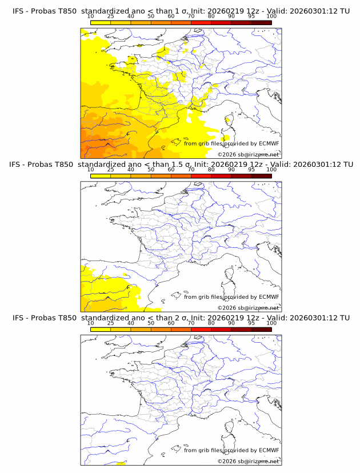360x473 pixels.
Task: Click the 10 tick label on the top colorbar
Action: click(x=91, y=16)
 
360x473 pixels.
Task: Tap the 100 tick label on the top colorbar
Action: click(x=271, y=16)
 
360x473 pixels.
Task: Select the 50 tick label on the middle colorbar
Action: click(x=151, y=170)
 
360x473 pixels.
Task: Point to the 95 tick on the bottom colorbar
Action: click(x=251, y=323)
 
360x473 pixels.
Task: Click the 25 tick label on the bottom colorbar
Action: click(x=111, y=323)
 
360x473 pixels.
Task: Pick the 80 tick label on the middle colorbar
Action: click(x=211, y=170)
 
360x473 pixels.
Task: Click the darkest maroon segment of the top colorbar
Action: click(x=261, y=22)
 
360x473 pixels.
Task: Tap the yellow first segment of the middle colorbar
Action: click(x=101, y=176)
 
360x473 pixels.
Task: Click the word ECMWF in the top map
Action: click(x=269, y=143)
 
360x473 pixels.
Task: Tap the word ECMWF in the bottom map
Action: click(x=269, y=450)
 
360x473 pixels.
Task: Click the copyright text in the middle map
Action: click(x=248, y=307)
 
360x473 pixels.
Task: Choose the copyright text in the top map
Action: click(x=248, y=154)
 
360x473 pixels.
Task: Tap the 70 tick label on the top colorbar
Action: click(x=191, y=16)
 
